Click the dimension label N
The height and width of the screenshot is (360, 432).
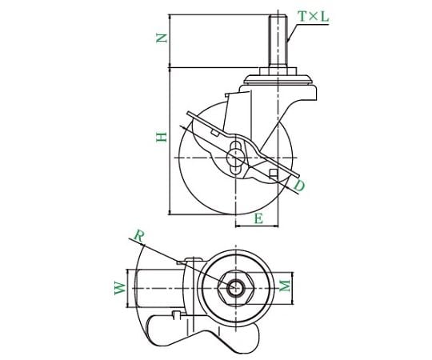point(162,38)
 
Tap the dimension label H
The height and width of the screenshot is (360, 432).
point(162,137)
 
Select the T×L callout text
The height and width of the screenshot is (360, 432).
point(314,17)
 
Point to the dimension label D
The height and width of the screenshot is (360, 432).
point(299,186)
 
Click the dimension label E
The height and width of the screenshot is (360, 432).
point(258,219)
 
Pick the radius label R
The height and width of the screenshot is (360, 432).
point(139,236)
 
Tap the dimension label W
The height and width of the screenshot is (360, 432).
point(120,288)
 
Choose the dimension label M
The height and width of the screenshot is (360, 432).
point(285,286)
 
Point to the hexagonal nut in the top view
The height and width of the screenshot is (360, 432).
point(235,288)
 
